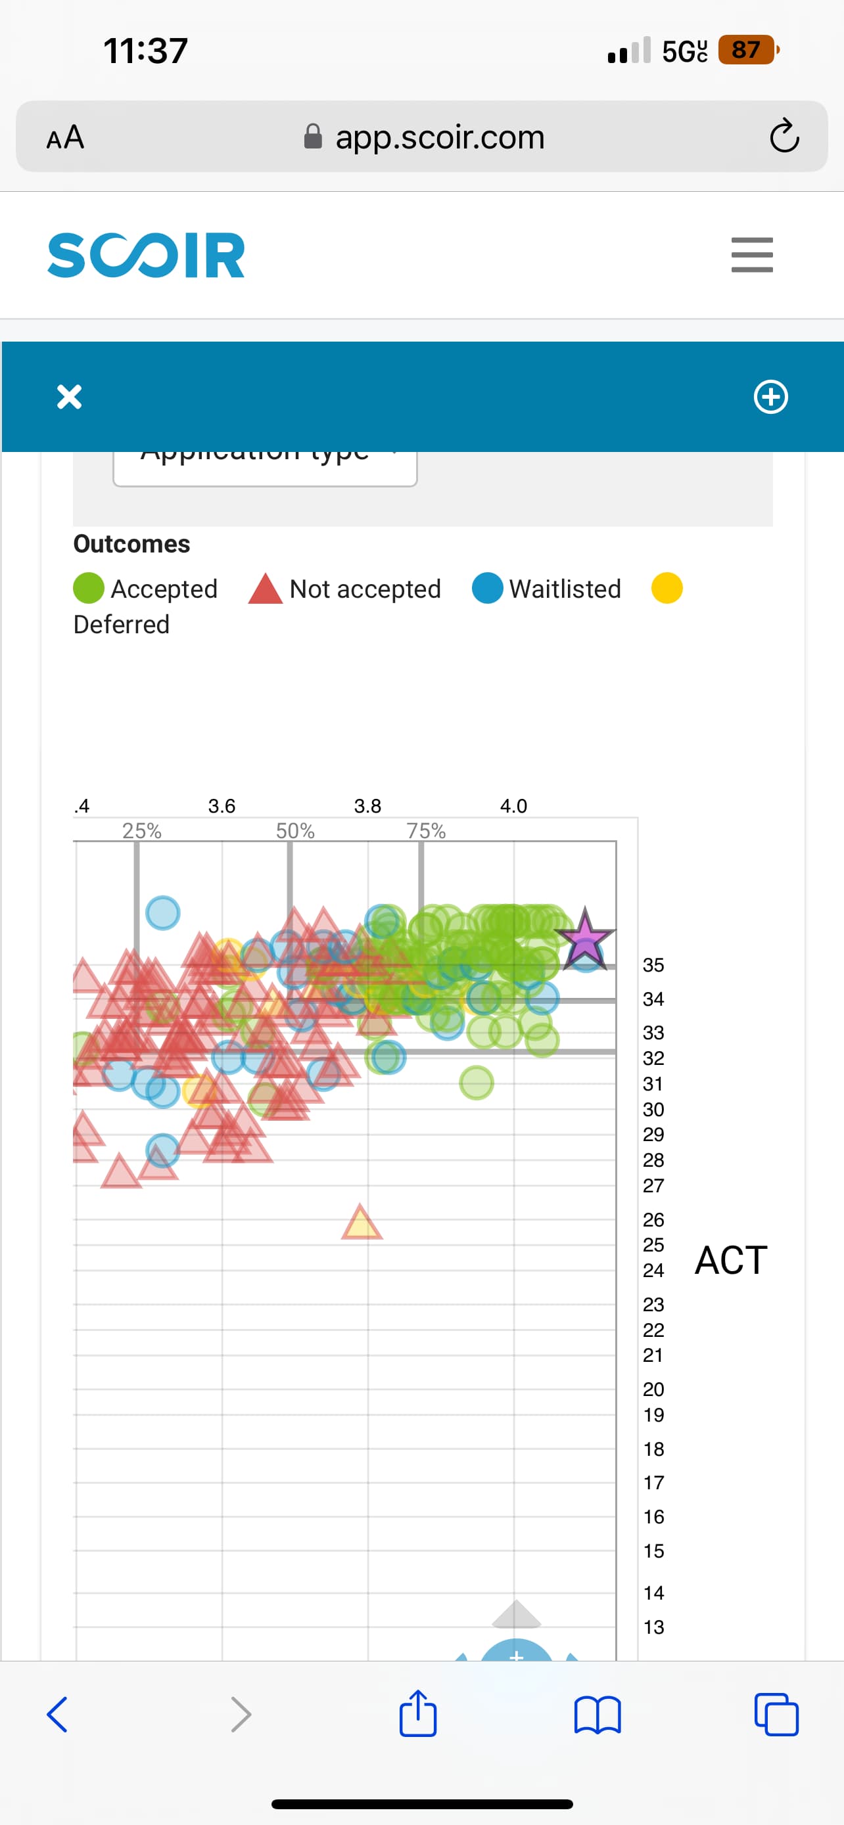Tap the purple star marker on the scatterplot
coord(584,940)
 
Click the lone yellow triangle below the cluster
coord(362,1223)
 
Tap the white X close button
coord(70,397)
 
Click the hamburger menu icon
coord(752,255)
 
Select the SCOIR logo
coord(146,255)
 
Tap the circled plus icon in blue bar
coord(770,397)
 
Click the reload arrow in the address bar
coord(784,136)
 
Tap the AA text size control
coord(65,137)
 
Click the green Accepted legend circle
coord(89,589)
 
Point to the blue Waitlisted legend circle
coord(488,589)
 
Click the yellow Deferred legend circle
coord(667,589)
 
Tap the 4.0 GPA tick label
coord(513,806)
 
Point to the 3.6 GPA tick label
coord(222,806)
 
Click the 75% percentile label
coord(426,831)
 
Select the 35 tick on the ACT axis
coord(653,966)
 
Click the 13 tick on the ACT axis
coord(653,1627)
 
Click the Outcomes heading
coord(132,544)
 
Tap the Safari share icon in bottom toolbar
coord(417,1714)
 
